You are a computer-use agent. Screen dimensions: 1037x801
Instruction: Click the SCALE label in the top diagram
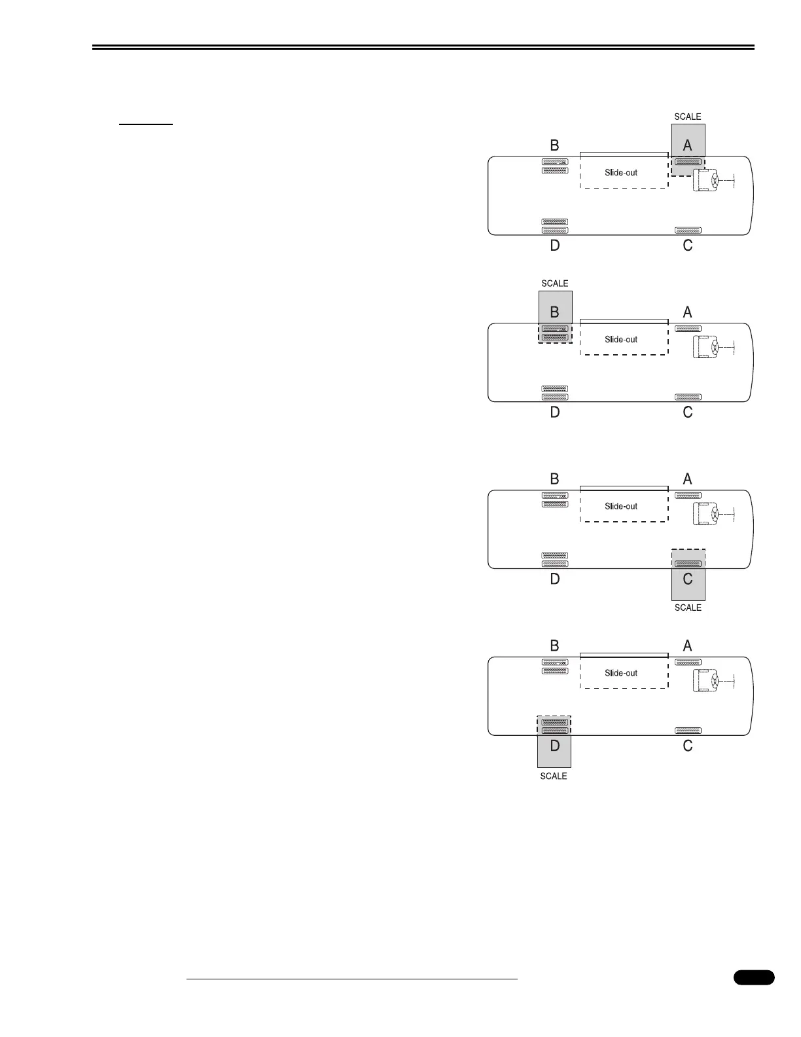pyautogui.click(x=688, y=117)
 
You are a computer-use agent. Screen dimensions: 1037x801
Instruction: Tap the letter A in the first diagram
pyautogui.click(x=687, y=145)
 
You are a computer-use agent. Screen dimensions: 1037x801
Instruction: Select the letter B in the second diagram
pyautogui.click(x=555, y=312)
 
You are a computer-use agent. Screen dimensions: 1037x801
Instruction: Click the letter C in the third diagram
pyautogui.click(x=688, y=579)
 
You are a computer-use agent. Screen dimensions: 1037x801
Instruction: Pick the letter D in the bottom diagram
pyautogui.click(x=555, y=746)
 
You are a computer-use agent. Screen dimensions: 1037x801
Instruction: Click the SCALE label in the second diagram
pyautogui.click(x=555, y=283)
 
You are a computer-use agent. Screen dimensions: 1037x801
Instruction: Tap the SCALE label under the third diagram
pyautogui.click(x=688, y=608)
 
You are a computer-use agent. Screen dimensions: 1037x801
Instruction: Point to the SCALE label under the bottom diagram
pyautogui.click(x=554, y=776)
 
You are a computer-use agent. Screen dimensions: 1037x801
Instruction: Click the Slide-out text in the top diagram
pyautogui.click(x=621, y=173)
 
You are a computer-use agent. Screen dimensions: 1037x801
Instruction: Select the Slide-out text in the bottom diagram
pyautogui.click(x=621, y=673)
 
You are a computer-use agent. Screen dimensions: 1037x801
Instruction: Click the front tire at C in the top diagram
pyautogui.click(x=688, y=230)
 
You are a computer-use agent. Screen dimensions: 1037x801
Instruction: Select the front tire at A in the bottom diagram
pyautogui.click(x=688, y=663)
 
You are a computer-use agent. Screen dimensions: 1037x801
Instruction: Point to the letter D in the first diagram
pyautogui.click(x=555, y=246)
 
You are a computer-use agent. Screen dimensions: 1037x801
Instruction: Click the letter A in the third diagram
pyautogui.click(x=687, y=479)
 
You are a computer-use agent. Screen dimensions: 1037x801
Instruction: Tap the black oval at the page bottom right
pyautogui.click(x=754, y=977)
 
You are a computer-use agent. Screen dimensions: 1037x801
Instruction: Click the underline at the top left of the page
pyautogui.click(x=145, y=123)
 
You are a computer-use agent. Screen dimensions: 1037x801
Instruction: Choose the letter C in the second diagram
pyautogui.click(x=688, y=412)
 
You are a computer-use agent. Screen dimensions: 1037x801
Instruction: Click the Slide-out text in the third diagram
pyautogui.click(x=621, y=506)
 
